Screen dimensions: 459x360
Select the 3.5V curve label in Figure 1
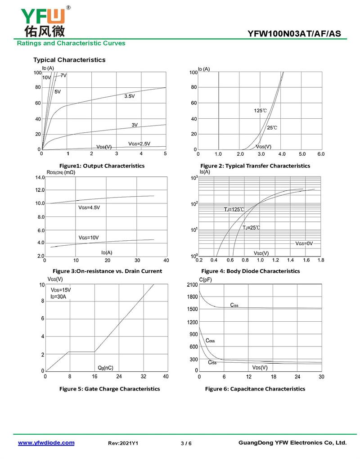tap(129, 96)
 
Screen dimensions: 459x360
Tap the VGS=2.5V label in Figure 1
tap(139, 144)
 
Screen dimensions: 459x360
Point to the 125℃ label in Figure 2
tap(260, 110)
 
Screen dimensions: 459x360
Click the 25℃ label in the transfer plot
tap(272, 128)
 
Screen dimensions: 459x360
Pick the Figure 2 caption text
tap(255, 166)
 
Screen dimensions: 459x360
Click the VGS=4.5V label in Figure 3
tap(89, 207)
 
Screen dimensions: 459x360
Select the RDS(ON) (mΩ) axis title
tap(61, 172)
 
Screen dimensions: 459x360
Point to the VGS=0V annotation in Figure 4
tap(304, 243)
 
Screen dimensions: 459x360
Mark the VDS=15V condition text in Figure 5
tap(61, 290)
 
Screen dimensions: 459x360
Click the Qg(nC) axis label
tap(105, 368)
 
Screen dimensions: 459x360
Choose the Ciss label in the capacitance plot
tap(234, 305)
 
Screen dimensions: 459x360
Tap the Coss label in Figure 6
tap(210, 341)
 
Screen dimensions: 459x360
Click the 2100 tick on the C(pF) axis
tap(192, 284)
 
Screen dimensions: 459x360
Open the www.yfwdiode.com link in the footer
tap(46, 443)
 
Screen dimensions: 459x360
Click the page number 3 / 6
tap(186, 443)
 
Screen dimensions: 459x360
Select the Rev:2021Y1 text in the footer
tap(123, 443)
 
